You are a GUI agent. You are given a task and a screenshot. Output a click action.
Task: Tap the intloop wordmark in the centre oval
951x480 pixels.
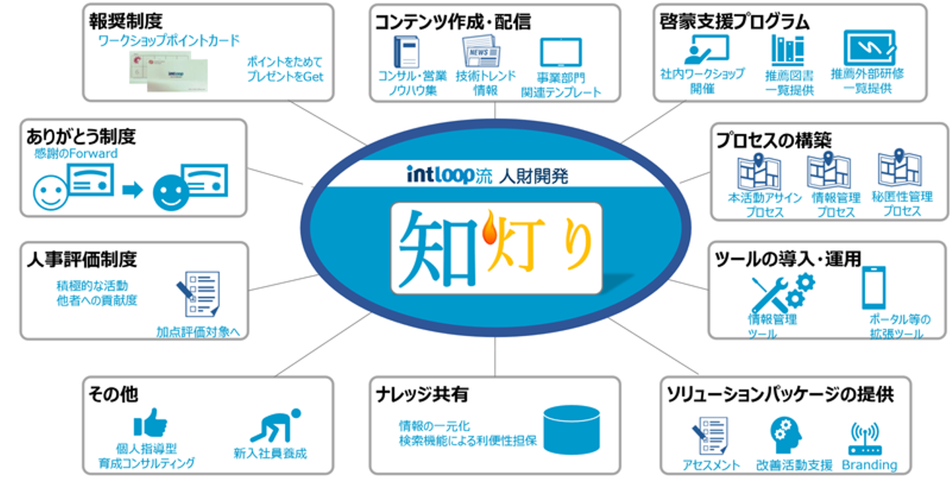[440, 174]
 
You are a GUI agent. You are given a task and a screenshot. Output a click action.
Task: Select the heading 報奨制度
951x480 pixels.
[125, 21]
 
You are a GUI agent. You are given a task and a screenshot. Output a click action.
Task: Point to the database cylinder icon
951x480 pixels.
[571, 430]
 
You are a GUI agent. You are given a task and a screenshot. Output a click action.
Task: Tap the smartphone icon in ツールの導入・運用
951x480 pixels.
[873, 287]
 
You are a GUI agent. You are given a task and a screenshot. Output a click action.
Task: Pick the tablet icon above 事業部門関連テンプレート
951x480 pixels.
[561, 52]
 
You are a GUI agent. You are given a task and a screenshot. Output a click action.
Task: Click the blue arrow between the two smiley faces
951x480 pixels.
[133, 189]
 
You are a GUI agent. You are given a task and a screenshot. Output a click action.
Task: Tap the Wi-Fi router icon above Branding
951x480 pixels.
[865, 439]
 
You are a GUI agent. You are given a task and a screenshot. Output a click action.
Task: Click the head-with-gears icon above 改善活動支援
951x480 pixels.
[785, 435]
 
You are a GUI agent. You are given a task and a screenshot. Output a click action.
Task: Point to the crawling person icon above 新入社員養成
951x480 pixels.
[276, 425]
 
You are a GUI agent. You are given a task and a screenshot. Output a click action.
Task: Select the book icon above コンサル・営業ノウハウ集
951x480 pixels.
[407, 51]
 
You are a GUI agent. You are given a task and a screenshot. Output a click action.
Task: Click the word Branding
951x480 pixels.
[870, 465]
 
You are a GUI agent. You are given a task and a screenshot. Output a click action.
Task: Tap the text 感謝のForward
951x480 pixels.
[75, 153]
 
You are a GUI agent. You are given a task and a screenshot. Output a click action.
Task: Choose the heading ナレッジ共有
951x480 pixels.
[422, 394]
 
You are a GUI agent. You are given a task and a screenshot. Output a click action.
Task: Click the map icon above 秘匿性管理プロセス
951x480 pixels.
[900, 168]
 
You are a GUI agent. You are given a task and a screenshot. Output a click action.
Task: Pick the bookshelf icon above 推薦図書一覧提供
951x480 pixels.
[787, 50]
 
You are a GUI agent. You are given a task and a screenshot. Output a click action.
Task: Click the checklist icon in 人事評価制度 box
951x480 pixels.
[199, 294]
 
